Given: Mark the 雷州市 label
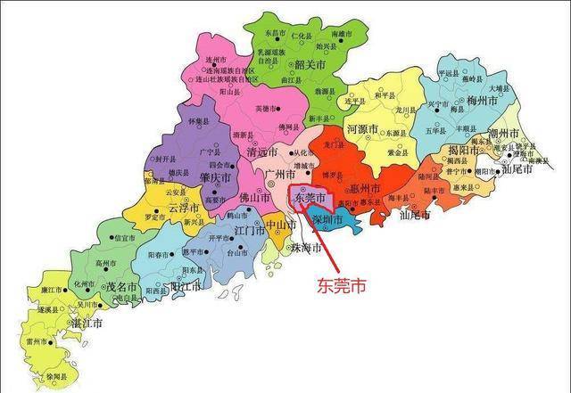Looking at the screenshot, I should tap(38, 341).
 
